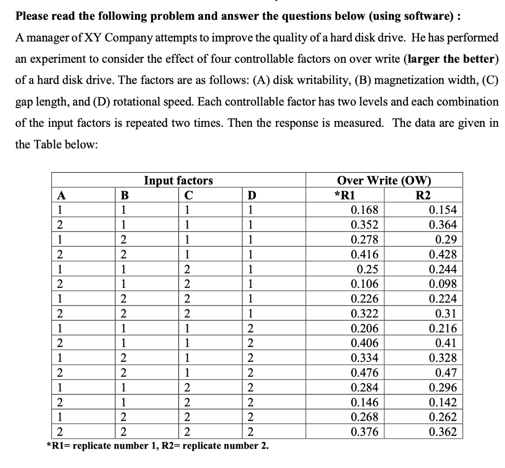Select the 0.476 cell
click(x=364, y=373)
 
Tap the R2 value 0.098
click(x=443, y=284)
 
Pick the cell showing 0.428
click(x=443, y=255)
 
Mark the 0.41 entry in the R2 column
click(x=446, y=343)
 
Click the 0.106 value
click(x=364, y=284)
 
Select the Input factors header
click(x=178, y=181)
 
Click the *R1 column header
click(x=347, y=195)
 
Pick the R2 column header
click(x=423, y=195)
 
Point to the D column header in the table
click(x=252, y=195)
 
